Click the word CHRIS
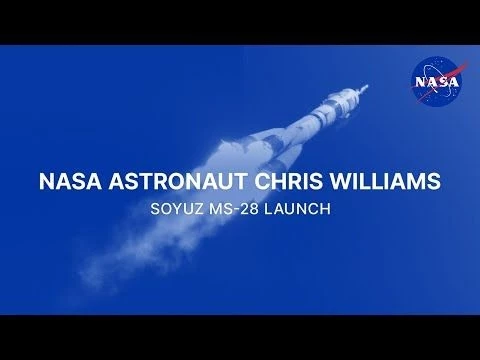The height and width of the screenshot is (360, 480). click(x=295, y=183)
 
